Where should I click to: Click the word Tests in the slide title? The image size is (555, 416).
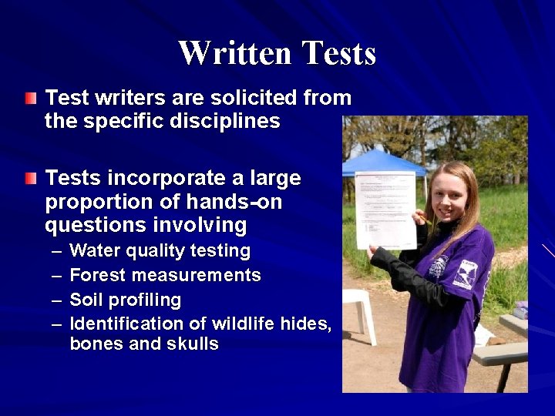click(x=339, y=53)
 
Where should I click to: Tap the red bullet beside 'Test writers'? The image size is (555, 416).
click(x=29, y=98)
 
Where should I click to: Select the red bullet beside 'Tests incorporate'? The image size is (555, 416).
click(x=29, y=178)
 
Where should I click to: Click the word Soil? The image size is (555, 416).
click(x=86, y=299)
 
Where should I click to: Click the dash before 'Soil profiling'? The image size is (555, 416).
click(x=59, y=299)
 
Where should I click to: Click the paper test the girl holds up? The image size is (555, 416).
click(x=385, y=209)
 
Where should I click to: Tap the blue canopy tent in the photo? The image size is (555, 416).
click(x=385, y=163)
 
